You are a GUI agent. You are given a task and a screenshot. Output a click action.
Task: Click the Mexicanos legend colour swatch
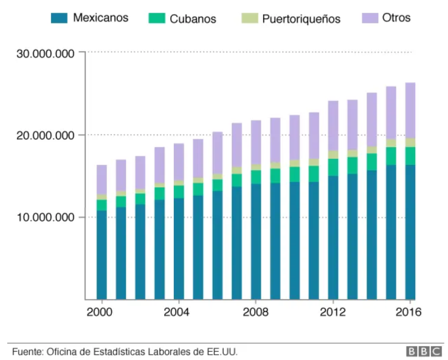pyautogui.click(x=59, y=18)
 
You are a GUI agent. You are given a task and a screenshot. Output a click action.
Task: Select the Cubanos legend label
pyautogui.click(x=193, y=19)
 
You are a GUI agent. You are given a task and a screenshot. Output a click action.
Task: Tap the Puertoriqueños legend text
pyautogui.click(x=301, y=19)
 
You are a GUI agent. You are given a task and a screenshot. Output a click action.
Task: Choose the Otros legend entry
pyautogui.click(x=396, y=18)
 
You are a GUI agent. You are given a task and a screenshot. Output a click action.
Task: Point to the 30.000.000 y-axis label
pyautogui.click(x=46, y=54)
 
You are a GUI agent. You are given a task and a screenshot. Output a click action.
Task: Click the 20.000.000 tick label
pyautogui.click(x=46, y=135)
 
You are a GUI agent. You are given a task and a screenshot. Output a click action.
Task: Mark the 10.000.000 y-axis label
pyautogui.click(x=46, y=217)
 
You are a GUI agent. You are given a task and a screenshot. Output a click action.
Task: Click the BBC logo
pyautogui.click(x=424, y=351)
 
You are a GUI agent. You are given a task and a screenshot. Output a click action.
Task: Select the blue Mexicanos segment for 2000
pyautogui.click(x=102, y=255)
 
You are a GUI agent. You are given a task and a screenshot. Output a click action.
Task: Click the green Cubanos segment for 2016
pyautogui.click(x=410, y=156)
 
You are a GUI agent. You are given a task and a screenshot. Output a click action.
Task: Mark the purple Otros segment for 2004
pyautogui.click(x=179, y=162)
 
